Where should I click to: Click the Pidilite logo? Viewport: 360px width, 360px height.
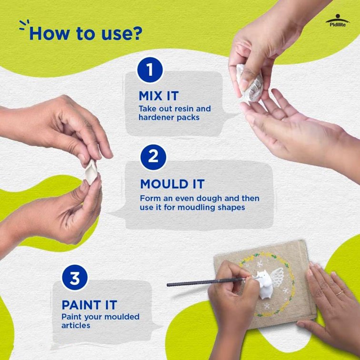coord(338,20)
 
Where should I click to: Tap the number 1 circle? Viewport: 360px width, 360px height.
coord(150,70)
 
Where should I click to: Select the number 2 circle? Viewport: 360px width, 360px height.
coord(153,157)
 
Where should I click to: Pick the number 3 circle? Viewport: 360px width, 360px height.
coord(75,277)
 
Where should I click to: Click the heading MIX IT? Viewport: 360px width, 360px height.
coord(159,96)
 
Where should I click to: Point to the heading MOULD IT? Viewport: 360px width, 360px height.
coord(172,184)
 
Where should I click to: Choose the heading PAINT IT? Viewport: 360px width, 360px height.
coord(90,305)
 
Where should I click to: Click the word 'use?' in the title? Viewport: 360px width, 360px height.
coord(122,33)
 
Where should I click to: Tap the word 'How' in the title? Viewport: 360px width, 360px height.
coord(50,33)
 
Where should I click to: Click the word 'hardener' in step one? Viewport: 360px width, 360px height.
coord(156,118)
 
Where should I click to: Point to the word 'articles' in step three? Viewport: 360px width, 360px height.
coord(76,326)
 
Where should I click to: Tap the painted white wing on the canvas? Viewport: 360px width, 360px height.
coord(277,277)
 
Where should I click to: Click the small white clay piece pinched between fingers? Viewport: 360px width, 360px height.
coord(91,172)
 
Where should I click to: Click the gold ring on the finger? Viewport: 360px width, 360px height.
coord(340,293)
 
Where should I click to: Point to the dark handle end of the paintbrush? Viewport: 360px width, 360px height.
coord(171,285)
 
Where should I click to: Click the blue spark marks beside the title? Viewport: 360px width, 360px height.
coord(24,25)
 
